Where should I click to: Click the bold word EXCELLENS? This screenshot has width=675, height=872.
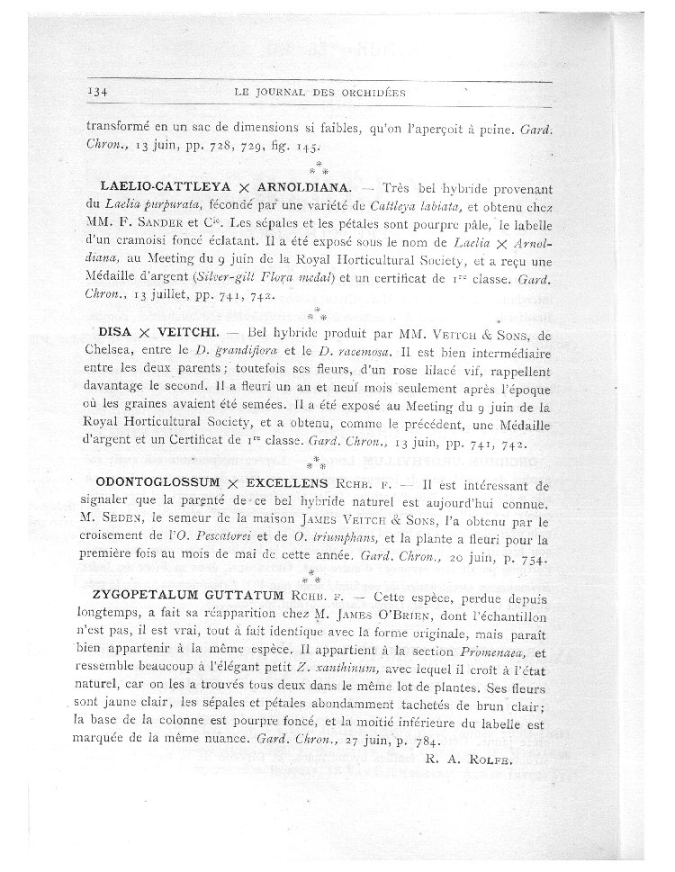pos(268,482)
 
